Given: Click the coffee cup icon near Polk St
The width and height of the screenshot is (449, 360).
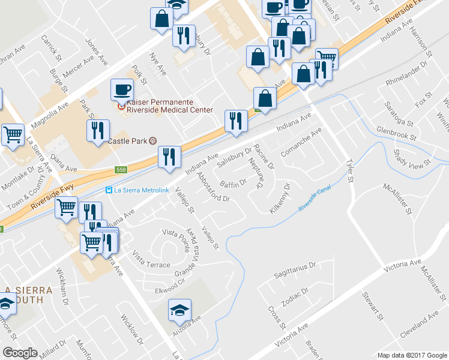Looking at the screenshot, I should pyautogui.click(x=122, y=90).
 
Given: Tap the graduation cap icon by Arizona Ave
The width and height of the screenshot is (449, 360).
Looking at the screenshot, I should pyautogui.click(x=179, y=310).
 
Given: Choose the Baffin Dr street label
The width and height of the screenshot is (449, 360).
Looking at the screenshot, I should pyautogui.click(x=233, y=182).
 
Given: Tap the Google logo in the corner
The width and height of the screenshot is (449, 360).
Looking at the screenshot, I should pyautogui.click(x=20, y=353).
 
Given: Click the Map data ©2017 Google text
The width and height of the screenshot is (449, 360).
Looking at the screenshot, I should pyautogui.click(x=411, y=355).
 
